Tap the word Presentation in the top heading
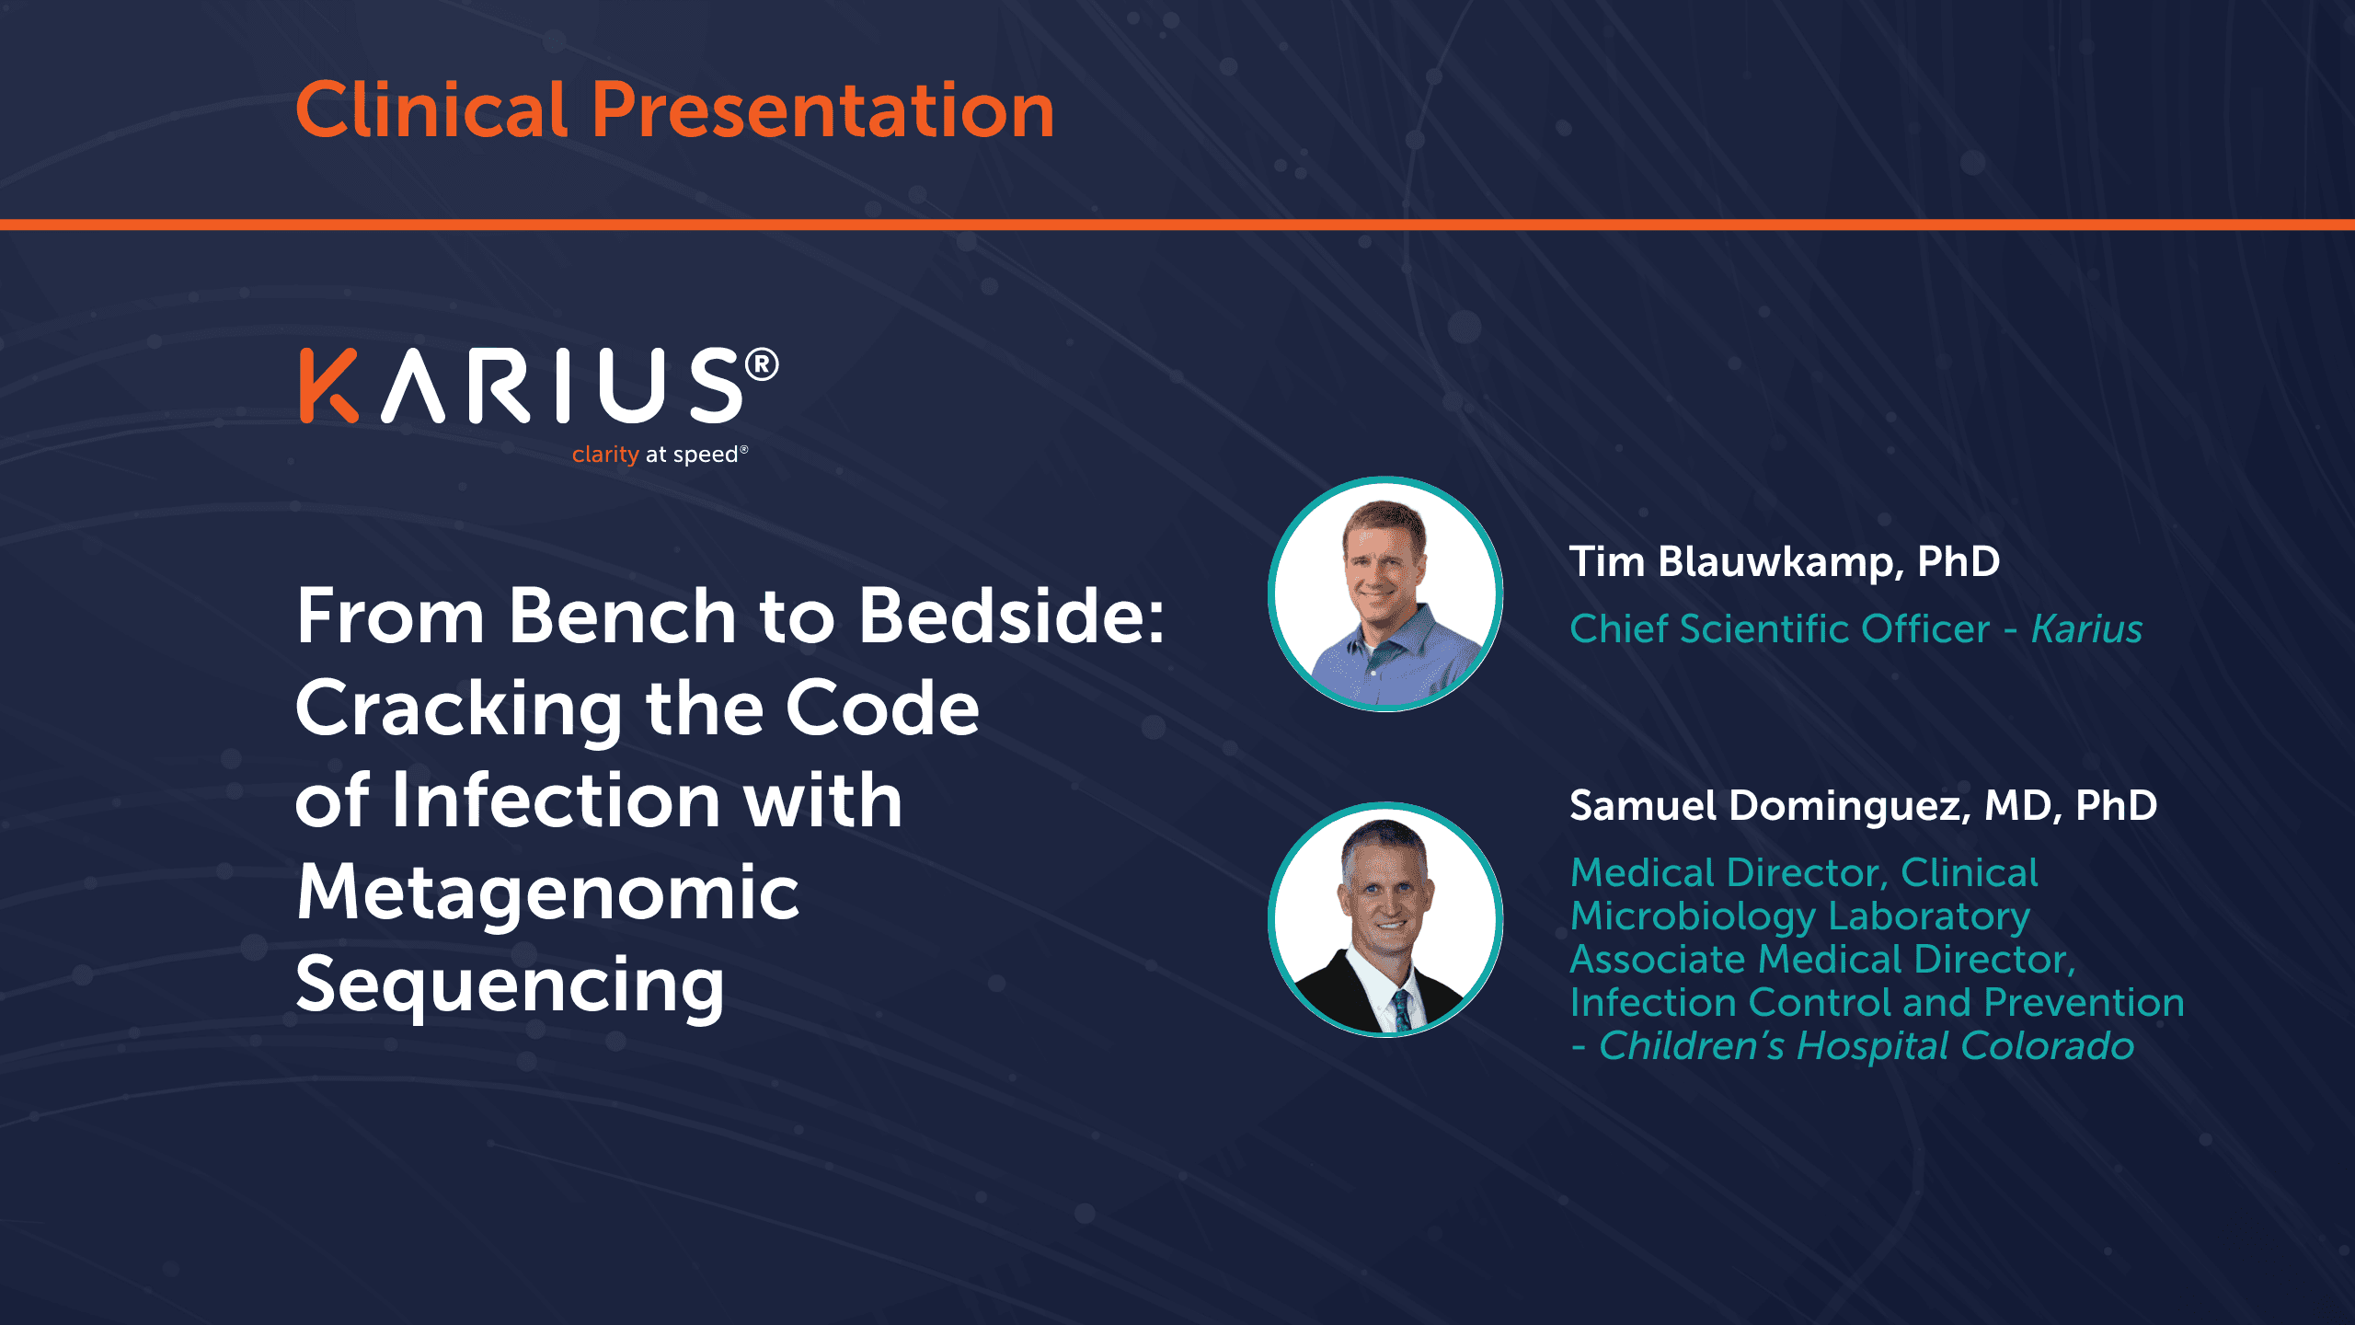pos(823,110)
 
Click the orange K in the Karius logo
pos(328,386)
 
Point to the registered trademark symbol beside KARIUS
pos(762,364)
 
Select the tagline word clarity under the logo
pos(605,455)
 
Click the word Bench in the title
pos(623,616)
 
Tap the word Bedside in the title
pos(1011,616)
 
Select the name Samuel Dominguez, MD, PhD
pos(1864,806)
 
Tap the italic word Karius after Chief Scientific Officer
pos(2087,629)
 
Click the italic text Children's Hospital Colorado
pos(1867,1046)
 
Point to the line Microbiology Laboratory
pos(1800,917)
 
